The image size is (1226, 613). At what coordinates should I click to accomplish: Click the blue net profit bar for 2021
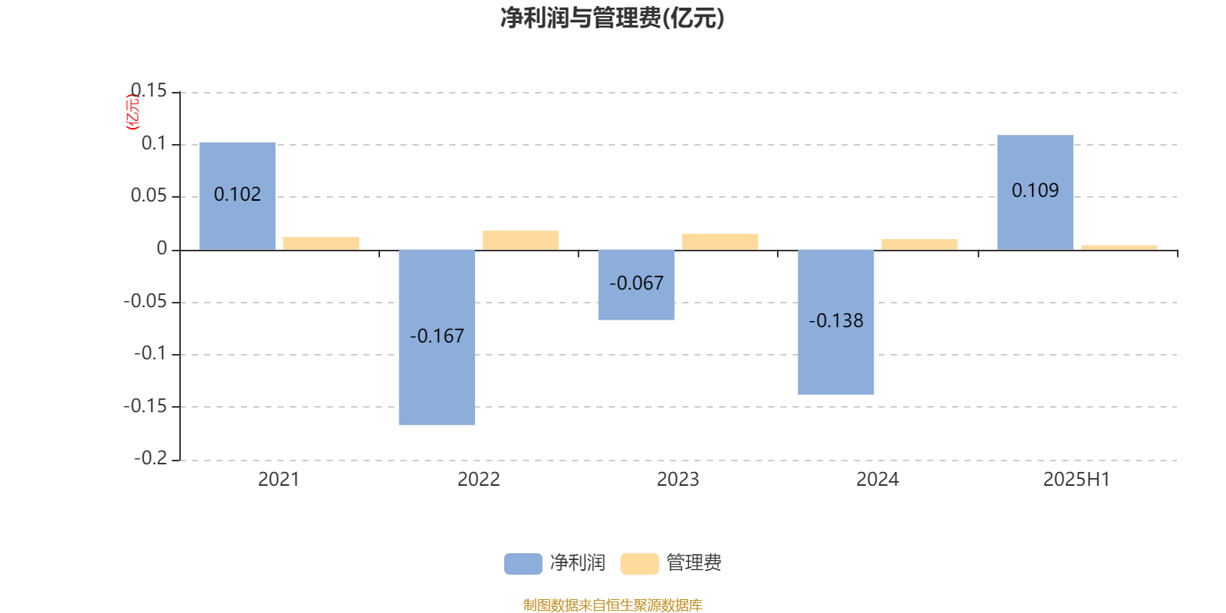point(238,196)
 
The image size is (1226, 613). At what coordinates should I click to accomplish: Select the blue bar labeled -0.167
point(437,337)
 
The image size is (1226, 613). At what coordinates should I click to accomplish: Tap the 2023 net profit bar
point(637,284)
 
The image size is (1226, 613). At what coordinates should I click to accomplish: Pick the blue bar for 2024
point(836,322)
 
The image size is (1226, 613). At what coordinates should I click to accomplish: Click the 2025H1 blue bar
point(1035,192)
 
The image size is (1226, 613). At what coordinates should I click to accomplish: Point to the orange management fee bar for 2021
point(321,243)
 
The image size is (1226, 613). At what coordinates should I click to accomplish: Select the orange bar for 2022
point(520,241)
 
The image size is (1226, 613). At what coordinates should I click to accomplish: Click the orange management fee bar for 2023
point(720,242)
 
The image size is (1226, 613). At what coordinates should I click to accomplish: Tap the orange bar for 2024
point(919,244)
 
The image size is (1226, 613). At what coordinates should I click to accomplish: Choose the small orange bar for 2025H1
point(1119,247)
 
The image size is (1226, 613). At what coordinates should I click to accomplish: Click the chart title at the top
point(612,18)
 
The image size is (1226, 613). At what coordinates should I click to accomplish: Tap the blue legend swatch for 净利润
point(523,564)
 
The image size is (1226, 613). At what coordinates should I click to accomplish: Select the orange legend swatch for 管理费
point(639,564)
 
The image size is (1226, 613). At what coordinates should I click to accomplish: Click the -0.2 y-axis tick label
point(150,458)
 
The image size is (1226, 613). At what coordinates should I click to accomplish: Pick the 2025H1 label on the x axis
point(1077,480)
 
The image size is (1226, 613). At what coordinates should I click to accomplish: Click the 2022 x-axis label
point(479,480)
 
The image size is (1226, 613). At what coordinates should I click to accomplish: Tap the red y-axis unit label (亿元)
point(133,112)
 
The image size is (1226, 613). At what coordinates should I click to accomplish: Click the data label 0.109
point(1035,191)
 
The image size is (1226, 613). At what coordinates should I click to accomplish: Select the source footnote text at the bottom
point(612,605)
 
